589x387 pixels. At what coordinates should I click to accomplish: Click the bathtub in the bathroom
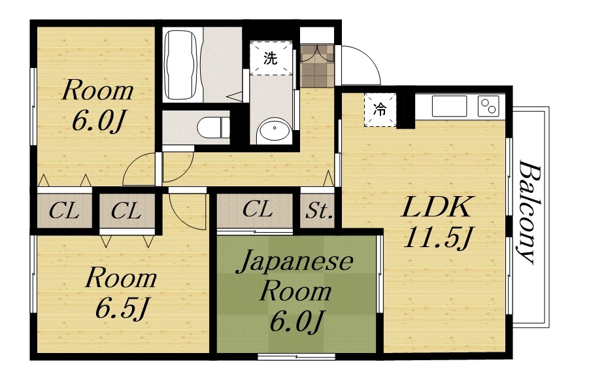point(180,63)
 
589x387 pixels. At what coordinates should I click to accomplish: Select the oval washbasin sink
point(274,131)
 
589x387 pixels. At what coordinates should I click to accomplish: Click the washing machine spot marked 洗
point(269,58)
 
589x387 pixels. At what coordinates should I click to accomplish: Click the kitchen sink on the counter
point(449,106)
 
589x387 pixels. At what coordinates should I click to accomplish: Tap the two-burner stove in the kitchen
point(489,105)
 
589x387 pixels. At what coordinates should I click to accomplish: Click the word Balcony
point(530,212)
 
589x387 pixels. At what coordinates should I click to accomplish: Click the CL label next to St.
point(257,210)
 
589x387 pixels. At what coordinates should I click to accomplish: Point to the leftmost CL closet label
point(64,211)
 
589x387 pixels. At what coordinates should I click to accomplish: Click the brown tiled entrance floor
point(317,65)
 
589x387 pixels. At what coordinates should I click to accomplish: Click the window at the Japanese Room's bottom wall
point(297,357)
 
